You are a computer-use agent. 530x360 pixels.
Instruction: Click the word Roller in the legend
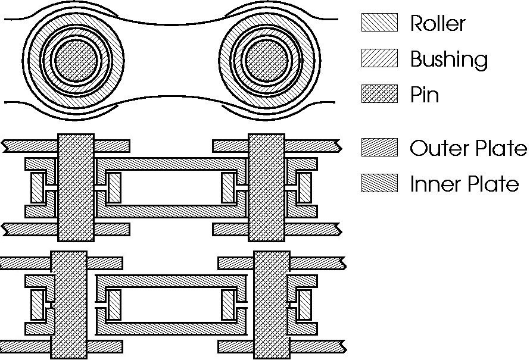(438, 24)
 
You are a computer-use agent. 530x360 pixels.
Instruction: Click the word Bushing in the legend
(448, 60)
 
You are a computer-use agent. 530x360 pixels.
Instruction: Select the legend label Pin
(425, 95)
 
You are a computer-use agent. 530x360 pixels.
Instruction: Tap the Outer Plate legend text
(468, 148)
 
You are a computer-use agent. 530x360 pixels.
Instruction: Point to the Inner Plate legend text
(464, 184)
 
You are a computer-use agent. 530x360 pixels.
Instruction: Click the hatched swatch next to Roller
(379, 23)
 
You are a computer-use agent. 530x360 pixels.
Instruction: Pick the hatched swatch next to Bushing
(379, 58)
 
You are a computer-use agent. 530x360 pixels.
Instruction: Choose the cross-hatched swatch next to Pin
(379, 94)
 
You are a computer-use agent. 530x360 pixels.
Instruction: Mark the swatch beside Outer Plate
(379, 147)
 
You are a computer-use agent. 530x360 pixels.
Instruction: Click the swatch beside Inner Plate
(379, 183)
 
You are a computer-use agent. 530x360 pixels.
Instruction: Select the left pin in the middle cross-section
(76, 187)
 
